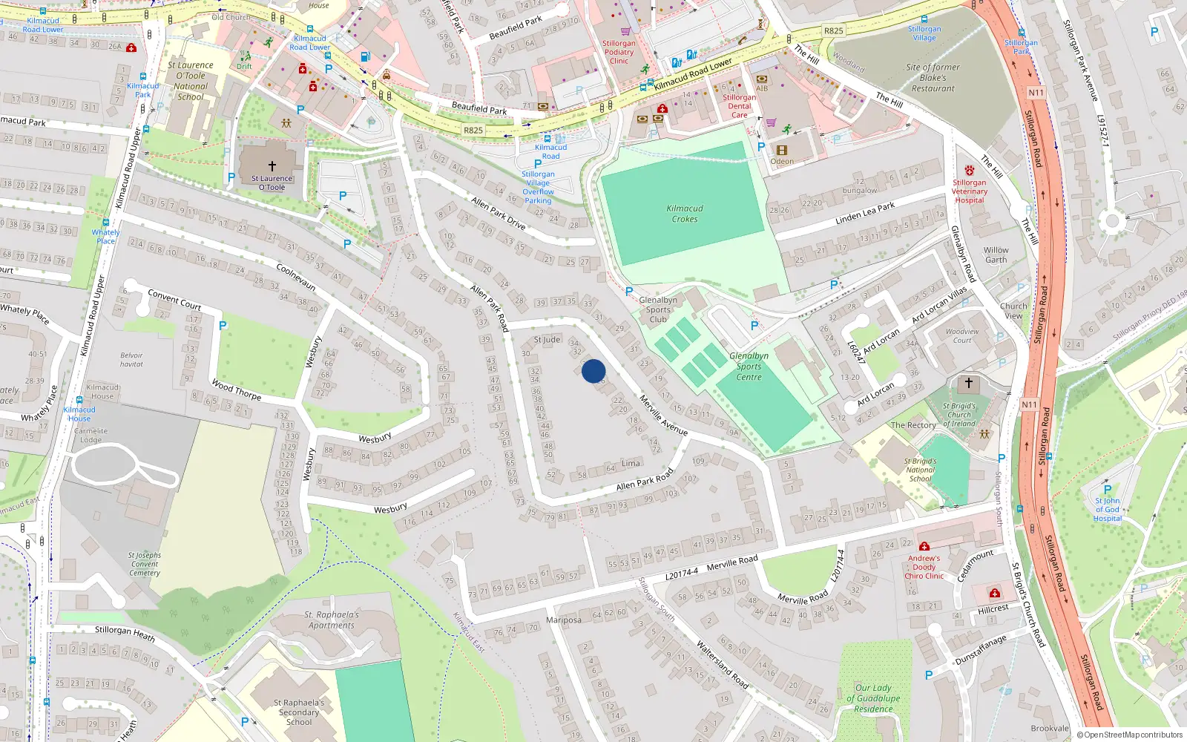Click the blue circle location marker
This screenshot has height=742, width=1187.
click(593, 371)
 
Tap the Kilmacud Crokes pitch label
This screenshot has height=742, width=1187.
click(685, 214)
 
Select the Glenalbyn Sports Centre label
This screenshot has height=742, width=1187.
click(749, 367)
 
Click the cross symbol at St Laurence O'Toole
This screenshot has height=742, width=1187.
click(272, 166)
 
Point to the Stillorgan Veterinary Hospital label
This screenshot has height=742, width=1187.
click(970, 191)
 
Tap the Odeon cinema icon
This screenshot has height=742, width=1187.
click(781, 150)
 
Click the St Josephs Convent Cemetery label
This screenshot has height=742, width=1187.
click(145, 564)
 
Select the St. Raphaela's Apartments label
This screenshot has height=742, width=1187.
click(332, 620)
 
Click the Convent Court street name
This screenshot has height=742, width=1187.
click(174, 299)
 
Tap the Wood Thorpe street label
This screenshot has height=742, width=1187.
click(237, 390)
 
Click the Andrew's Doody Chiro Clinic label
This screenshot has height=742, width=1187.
click(924, 567)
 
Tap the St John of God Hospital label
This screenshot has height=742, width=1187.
click(1107, 510)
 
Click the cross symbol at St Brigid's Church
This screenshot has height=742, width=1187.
click(968, 383)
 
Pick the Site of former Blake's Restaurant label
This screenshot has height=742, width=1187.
click(933, 78)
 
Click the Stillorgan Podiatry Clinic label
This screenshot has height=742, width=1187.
click(619, 52)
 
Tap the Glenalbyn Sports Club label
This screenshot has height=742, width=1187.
click(658, 309)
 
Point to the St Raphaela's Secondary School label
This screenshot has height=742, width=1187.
click(299, 712)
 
